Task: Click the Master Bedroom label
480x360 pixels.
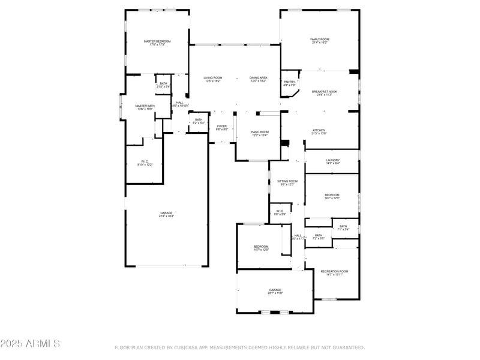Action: pyautogui.click(x=157, y=41)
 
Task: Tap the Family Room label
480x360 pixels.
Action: pyautogui.click(x=319, y=40)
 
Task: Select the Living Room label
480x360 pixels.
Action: pyautogui.click(x=212, y=78)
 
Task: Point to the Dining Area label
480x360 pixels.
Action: pyautogui.click(x=259, y=78)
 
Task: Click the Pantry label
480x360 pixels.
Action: pyautogui.click(x=289, y=82)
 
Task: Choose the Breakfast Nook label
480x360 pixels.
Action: pyautogui.click(x=325, y=92)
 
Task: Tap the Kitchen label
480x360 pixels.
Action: pyautogui.click(x=319, y=131)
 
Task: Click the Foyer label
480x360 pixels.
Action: pyautogui.click(x=221, y=127)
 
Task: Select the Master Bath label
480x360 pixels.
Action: pyautogui.click(x=145, y=106)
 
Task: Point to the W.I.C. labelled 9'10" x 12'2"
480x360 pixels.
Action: pyautogui.click(x=145, y=161)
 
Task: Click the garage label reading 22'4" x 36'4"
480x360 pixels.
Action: pyautogui.click(x=166, y=214)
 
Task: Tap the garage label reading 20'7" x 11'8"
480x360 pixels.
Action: pyautogui.click(x=275, y=290)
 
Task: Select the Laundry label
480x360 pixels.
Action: pyautogui.click(x=333, y=160)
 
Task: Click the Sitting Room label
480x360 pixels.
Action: pyautogui.click(x=287, y=181)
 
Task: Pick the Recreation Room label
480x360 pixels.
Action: pyautogui.click(x=334, y=271)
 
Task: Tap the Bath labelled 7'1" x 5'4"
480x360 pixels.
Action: pyautogui.click(x=343, y=226)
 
